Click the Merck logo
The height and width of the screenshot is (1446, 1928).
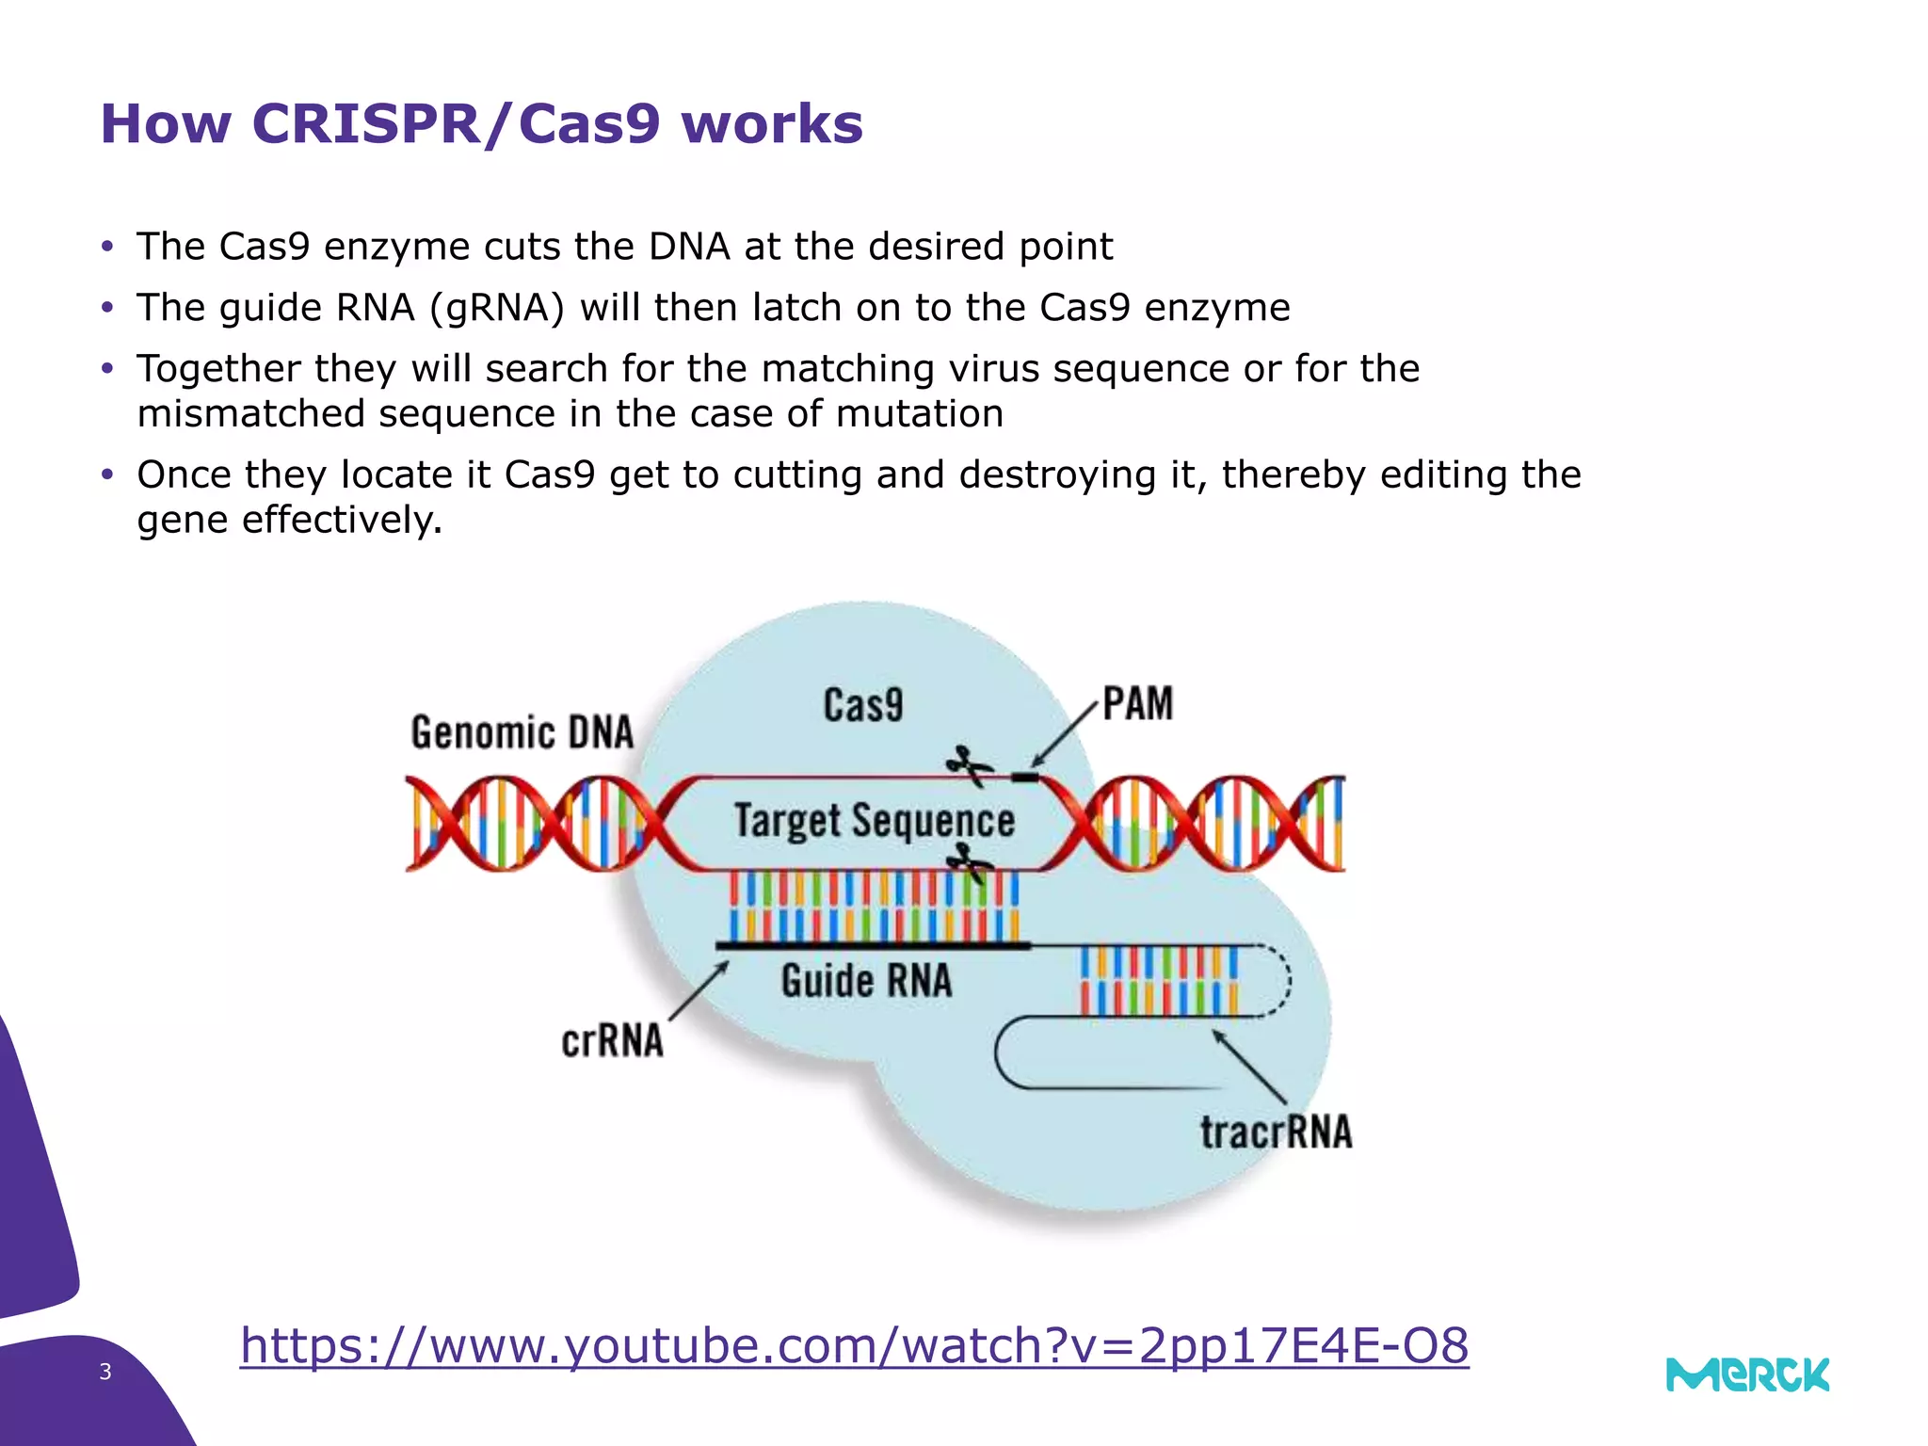[x=1747, y=1375]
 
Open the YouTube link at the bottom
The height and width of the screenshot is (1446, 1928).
[x=854, y=1345]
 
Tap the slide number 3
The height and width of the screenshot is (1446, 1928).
[x=105, y=1372]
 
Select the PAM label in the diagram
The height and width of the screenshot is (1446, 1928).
[x=1137, y=704]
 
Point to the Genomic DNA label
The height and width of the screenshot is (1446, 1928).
[x=522, y=732]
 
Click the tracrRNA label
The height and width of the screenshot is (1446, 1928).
[x=1276, y=1132]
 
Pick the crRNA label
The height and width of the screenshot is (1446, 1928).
[x=612, y=1041]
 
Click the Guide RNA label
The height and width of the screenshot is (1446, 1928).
[x=866, y=981]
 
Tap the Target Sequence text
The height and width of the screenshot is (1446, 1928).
[x=874, y=820]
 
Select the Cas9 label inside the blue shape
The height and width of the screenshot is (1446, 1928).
[x=862, y=705]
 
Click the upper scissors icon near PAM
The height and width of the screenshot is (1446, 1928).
[x=969, y=764]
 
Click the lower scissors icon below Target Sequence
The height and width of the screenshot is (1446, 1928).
[x=969, y=862]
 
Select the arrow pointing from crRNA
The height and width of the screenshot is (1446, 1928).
[x=699, y=990]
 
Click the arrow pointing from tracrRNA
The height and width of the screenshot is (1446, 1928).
[x=1249, y=1067]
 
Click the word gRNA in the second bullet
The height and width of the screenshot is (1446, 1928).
[x=497, y=308]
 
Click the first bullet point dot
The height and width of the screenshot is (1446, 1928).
[x=107, y=248]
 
